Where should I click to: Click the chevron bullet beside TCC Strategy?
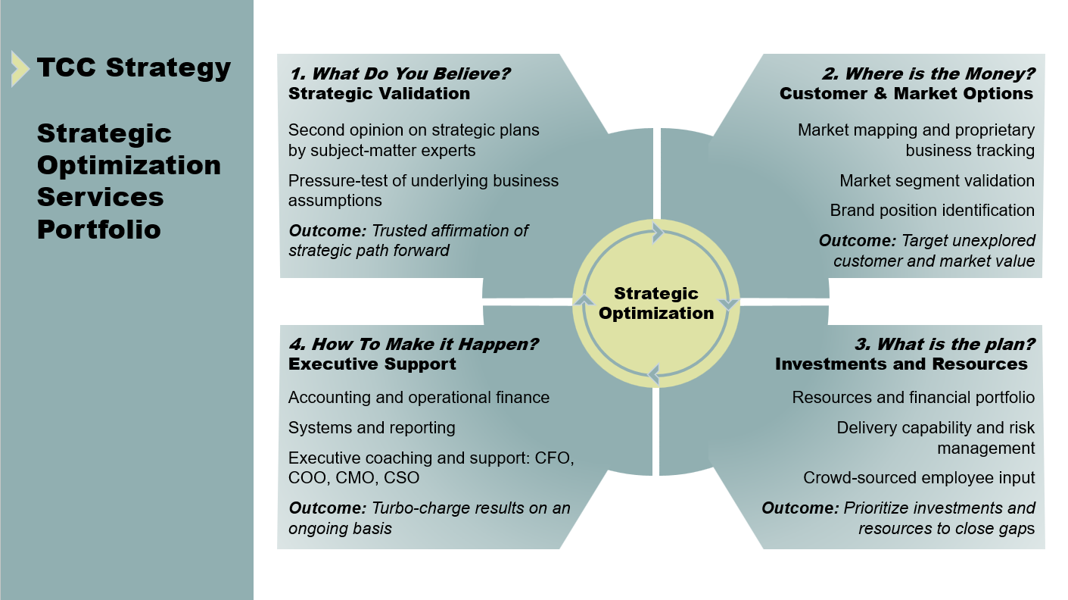pos(20,68)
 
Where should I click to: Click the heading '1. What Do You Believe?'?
pos(400,73)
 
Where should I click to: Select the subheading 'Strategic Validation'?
pos(379,93)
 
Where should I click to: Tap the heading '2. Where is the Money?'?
pos(928,73)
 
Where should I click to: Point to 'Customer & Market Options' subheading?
pos(906,93)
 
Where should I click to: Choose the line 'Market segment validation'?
pos(937,180)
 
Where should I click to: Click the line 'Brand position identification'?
pos(932,210)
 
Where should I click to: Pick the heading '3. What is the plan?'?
pos(945,344)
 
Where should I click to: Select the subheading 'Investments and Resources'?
pos(901,364)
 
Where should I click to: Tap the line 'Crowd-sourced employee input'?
pos(919,478)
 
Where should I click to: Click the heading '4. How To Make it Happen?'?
pos(413,344)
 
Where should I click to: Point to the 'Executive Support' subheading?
pos(372,364)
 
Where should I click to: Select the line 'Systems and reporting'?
pos(372,427)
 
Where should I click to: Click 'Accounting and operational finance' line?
pos(419,397)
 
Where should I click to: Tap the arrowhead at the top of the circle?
pos(657,233)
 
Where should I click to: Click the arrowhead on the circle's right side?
pos(727,305)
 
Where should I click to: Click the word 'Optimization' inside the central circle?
pos(656,313)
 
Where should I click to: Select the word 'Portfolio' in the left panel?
pos(99,229)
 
